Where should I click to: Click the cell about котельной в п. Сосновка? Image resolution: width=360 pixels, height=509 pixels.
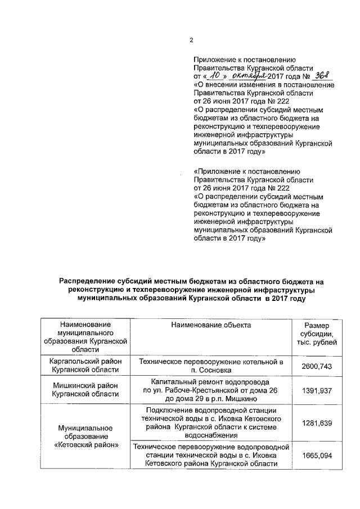click(x=211, y=365)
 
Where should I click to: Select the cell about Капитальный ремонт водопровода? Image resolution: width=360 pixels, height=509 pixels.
click(x=211, y=390)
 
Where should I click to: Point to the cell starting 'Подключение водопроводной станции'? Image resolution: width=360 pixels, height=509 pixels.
click(x=211, y=422)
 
